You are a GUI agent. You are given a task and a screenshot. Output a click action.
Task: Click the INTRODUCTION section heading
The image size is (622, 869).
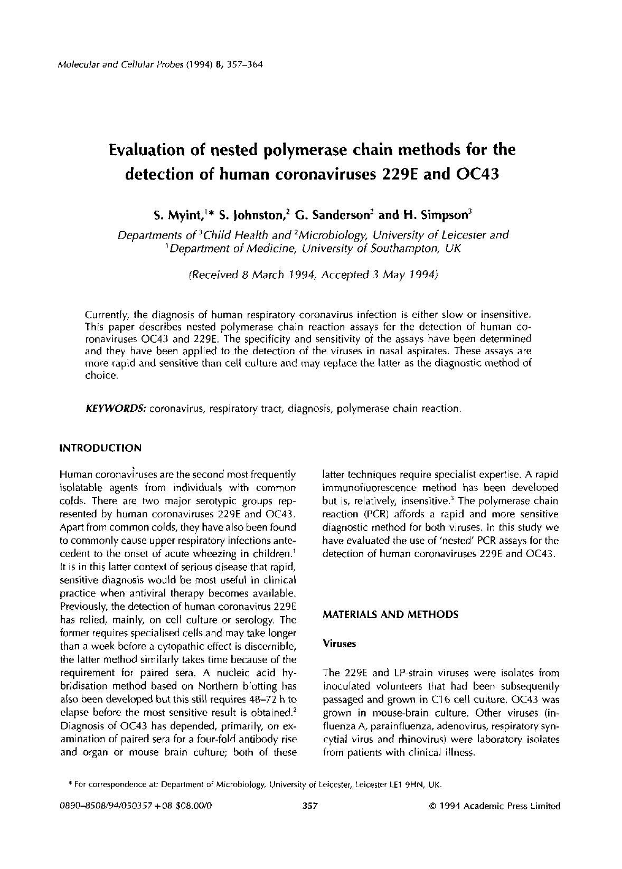tap(100, 448)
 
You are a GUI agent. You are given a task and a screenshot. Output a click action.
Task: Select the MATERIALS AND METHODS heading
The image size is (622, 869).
tap(390, 615)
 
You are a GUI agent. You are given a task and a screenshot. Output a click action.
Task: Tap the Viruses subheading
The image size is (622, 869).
tap(340, 644)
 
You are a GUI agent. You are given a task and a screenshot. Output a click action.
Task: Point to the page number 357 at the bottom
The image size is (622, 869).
tap(309, 806)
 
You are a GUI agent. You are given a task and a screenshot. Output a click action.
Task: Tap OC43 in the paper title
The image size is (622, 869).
tap(476, 174)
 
